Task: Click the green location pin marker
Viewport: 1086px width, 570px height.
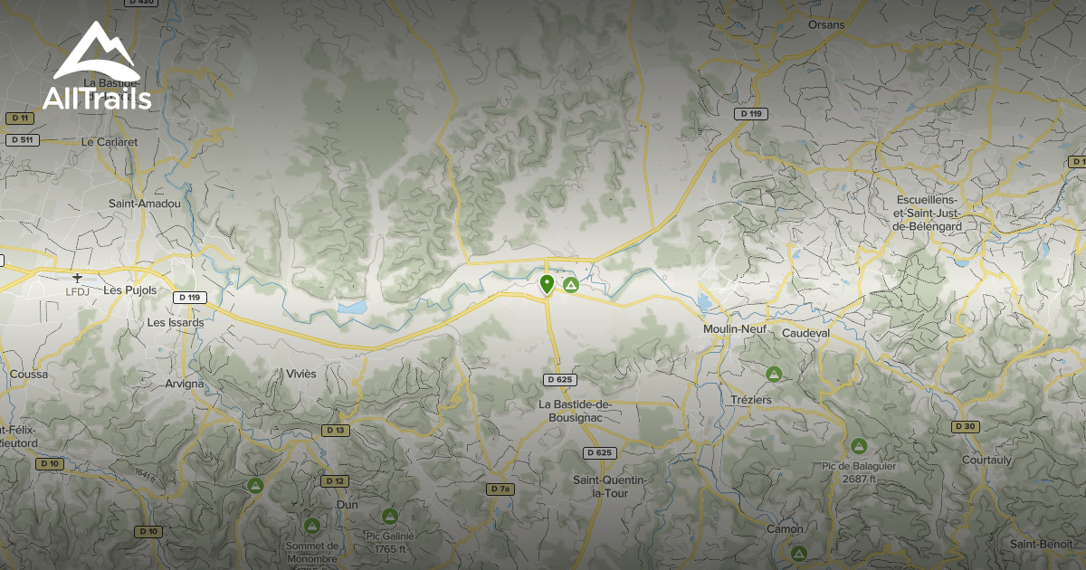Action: click(x=547, y=284)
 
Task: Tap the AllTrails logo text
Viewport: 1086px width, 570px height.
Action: click(x=97, y=99)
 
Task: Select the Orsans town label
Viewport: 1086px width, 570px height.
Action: click(x=825, y=24)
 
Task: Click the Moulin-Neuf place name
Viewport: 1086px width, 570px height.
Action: click(x=735, y=330)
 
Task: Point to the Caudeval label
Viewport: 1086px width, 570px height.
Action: click(x=805, y=333)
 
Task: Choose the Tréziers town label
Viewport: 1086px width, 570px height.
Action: click(x=750, y=399)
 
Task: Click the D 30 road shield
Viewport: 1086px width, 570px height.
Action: click(x=965, y=426)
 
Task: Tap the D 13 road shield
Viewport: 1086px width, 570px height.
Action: click(x=335, y=430)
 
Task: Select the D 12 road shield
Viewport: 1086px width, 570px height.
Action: click(x=335, y=480)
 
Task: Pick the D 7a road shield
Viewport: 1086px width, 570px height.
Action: click(x=500, y=489)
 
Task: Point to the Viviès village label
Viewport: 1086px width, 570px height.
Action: click(x=301, y=374)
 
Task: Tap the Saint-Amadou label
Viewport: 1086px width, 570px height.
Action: click(x=145, y=204)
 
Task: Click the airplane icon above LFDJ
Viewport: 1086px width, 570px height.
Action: click(x=78, y=277)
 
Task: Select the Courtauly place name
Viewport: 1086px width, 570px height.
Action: click(x=986, y=460)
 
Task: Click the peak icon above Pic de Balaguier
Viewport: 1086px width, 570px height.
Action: click(x=858, y=445)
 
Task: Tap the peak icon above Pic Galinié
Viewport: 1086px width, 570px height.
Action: click(x=390, y=516)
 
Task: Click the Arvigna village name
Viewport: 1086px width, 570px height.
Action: click(x=185, y=384)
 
